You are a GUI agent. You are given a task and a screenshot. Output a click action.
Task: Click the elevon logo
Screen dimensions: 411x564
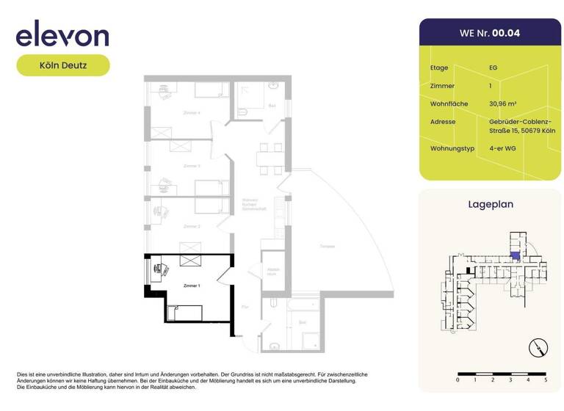[x=62, y=34]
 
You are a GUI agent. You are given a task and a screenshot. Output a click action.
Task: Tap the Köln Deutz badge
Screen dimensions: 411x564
[x=63, y=65]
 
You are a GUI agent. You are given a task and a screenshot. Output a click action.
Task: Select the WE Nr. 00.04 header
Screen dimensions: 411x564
[x=489, y=33]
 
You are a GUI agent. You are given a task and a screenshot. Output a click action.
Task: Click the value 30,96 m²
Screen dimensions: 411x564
[x=503, y=104]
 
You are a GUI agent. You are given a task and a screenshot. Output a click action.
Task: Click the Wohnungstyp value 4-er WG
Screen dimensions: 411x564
[x=502, y=149]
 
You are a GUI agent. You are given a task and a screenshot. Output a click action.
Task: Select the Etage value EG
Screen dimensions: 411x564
[x=493, y=68]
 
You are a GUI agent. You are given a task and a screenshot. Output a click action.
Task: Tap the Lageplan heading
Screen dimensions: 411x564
[x=491, y=205]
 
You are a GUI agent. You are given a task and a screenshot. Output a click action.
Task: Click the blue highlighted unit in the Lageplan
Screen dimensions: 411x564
[x=515, y=256]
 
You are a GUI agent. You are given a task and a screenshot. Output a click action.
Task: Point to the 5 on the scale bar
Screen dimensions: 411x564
[x=546, y=380]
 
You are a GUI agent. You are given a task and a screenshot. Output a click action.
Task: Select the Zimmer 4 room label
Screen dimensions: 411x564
[x=192, y=113]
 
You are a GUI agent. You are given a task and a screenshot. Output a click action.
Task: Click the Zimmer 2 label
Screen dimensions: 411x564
[x=192, y=226]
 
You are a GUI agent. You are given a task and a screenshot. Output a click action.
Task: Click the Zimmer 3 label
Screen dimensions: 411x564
[x=192, y=166]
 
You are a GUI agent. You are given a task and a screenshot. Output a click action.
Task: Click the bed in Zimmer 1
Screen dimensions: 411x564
[x=184, y=313]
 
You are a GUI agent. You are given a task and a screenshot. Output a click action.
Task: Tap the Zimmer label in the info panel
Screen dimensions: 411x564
[x=442, y=86]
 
